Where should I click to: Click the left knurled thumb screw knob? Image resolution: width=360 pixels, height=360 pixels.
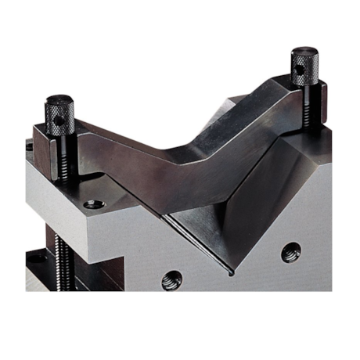(x=59, y=117)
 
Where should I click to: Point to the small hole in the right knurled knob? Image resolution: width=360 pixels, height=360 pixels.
(x=301, y=70)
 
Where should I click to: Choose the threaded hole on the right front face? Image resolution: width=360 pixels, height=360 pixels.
(x=291, y=252)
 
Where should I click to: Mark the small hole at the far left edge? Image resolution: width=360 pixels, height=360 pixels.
(x=29, y=146)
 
